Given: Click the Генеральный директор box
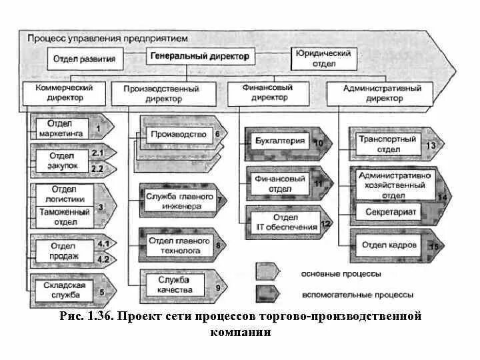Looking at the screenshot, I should coord(199,58).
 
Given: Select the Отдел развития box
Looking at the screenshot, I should coord(85,59).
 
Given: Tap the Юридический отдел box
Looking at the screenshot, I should coord(323,59).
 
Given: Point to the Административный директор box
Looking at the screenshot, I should coord(383,93).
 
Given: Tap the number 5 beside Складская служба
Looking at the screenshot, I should coord(101,291).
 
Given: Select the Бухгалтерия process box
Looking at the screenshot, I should coord(280,141).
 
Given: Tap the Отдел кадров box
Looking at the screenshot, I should coord(389,245).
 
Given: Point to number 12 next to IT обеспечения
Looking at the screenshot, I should coord(325,223).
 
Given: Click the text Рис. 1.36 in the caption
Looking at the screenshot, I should coord(83,317).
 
